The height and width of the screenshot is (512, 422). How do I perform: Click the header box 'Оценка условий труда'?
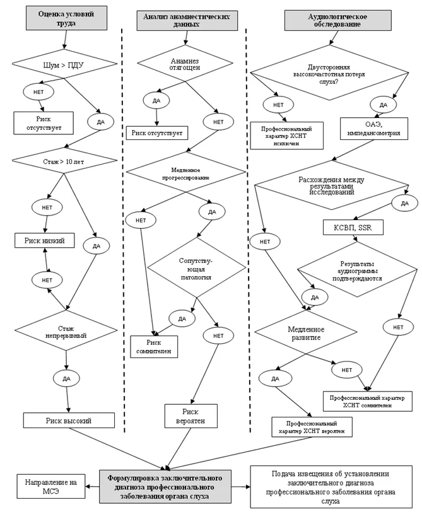[66, 18]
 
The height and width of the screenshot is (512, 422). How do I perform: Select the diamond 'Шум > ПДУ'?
[64, 64]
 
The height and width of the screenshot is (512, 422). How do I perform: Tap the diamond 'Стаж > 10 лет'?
[64, 161]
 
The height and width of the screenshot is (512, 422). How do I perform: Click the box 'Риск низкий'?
[44, 240]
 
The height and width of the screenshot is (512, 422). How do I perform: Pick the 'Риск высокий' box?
[69, 420]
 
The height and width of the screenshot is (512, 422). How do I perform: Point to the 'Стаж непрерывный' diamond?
[66, 330]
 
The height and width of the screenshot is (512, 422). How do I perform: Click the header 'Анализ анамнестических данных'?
[187, 21]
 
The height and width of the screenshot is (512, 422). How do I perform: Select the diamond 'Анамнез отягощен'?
[185, 63]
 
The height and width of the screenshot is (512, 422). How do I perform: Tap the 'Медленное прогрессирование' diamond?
[186, 172]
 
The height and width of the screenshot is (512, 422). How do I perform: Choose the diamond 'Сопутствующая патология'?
[197, 267]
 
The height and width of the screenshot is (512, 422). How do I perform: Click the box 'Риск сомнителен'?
[154, 346]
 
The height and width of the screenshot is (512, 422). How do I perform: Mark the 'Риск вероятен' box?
[191, 416]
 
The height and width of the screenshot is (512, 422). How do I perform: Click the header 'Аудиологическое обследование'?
[337, 21]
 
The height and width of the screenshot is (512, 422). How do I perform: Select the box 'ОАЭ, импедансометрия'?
[374, 129]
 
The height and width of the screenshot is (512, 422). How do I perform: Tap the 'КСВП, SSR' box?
[353, 227]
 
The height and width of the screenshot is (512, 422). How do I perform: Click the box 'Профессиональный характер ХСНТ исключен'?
[287, 136]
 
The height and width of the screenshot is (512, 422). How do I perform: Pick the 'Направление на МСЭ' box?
[51, 486]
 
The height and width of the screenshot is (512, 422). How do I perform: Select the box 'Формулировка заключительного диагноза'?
[165, 487]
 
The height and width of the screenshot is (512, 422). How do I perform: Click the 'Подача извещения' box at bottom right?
[331, 487]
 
